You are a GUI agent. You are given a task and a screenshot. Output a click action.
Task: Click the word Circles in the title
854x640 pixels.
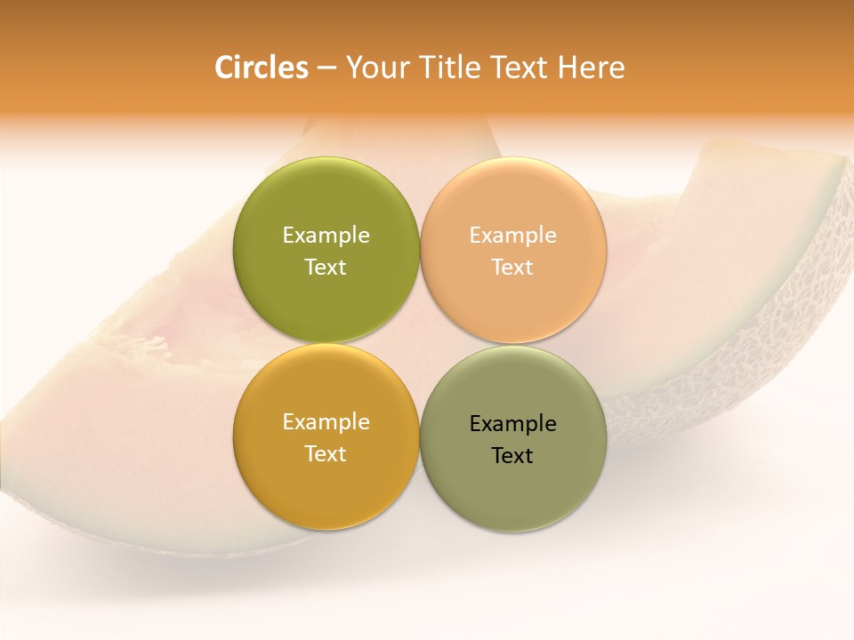pyautogui.click(x=261, y=68)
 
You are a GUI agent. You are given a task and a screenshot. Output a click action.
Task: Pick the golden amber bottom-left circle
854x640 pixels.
pyautogui.click(x=326, y=484)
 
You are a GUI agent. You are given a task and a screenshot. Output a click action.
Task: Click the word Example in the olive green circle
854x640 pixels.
pyautogui.click(x=326, y=236)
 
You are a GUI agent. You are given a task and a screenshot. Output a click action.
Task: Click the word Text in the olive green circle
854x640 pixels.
pyautogui.click(x=326, y=267)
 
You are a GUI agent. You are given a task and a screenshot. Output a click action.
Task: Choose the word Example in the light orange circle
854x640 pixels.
pyautogui.click(x=513, y=236)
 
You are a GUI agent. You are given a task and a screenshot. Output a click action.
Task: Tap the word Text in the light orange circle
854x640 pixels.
pyautogui.click(x=513, y=267)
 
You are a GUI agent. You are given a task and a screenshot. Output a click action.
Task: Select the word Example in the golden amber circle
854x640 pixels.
pyautogui.click(x=326, y=422)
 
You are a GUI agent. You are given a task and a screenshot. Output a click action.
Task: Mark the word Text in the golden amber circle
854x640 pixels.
pyautogui.click(x=326, y=453)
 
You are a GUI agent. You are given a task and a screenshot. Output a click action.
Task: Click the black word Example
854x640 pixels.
pyautogui.click(x=513, y=424)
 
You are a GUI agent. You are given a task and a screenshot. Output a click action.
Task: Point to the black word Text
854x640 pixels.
pyautogui.click(x=513, y=455)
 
